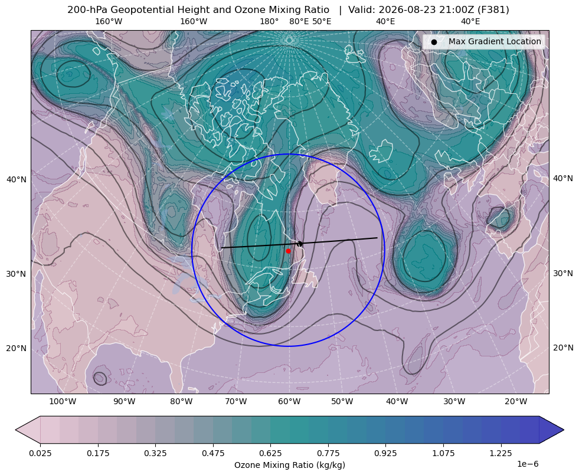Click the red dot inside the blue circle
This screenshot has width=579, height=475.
click(x=288, y=251)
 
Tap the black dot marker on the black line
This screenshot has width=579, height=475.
click(x=300, y=244)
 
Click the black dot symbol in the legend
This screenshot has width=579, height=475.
click(x=434, y=42)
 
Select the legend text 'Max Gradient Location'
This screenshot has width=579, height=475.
click(x=495, y=41)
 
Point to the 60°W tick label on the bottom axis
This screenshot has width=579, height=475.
click(x=289, y=401)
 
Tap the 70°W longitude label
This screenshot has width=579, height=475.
click(x=235, y=401)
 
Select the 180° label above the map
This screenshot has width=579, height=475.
click(x=269, y=21)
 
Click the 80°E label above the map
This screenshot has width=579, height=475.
click(x=299, y=21)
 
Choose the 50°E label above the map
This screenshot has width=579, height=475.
click(x=322, y=21)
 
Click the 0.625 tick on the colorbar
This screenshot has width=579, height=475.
click(x=270, y=453)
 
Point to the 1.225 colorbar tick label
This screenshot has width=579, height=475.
click(x=501, y=453)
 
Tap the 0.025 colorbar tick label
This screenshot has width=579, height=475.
click(x=40, y=453)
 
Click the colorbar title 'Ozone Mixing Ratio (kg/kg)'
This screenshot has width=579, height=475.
click(x=289, y=464)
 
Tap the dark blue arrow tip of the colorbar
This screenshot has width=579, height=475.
click(x=564, y=430)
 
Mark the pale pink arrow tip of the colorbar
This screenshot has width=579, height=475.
click(x=15, y=430)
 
